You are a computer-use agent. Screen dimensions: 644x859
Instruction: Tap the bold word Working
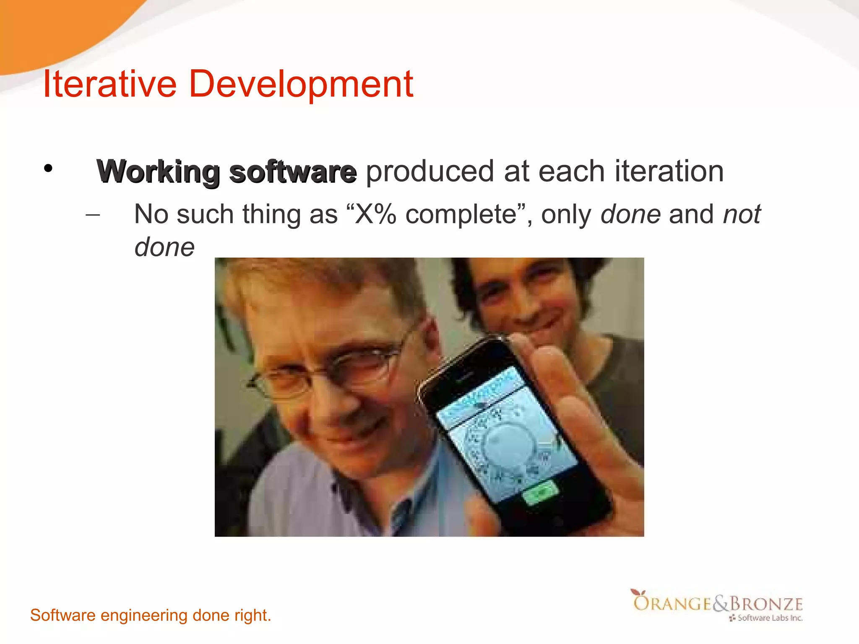tap(158, 172)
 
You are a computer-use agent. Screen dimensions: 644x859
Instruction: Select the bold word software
tap(293, 172)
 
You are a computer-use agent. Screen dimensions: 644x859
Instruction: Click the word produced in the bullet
tap(430, 172)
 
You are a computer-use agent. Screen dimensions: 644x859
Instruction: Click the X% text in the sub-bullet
tap(375, 214)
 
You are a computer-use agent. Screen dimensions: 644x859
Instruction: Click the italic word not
tap(742, 214)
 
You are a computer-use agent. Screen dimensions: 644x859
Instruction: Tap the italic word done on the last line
tap(164, 247)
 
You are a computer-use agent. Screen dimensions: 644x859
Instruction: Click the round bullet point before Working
tap(48, 169)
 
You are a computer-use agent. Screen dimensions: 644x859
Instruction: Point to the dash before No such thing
tap(92, 216)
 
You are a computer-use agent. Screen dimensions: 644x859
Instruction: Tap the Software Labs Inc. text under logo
tap(770, 618)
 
